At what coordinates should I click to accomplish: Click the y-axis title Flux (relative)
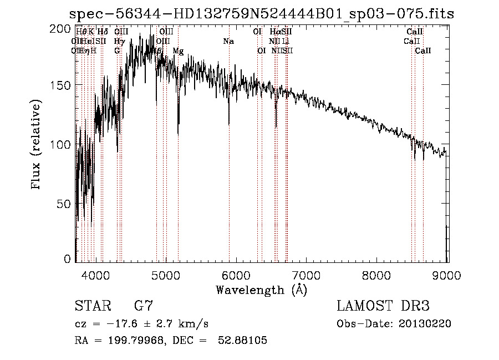pyautogui.click(x=37, y=145)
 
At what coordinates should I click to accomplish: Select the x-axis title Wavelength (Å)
pyautogui.click(x=262, y=289)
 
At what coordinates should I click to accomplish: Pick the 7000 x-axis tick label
pyautogui.click(x=307, y=275)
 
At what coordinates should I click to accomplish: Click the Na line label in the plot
pyautogui.click(x=228, y=41)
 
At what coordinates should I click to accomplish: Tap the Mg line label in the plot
pyautogui.click(x=178, y=51)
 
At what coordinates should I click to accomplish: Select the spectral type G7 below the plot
pyautogui.click(x=144, y=306)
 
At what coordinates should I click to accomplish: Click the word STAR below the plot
pyautogui.click(x=93, y=306)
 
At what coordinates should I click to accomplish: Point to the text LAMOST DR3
pyautogui.click(x=383, y=306)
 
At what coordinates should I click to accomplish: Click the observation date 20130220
pyautogui.click(x=424, y=324)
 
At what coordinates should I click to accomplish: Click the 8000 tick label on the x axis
pyautogui.click(x=377, y=275)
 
